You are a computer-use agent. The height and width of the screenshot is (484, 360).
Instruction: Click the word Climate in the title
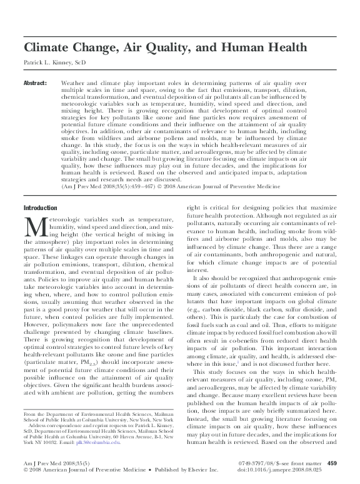pyautogui.click(x=47, y=48)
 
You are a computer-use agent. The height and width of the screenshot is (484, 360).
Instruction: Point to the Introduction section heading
pyautogui.click(x=40, y=208)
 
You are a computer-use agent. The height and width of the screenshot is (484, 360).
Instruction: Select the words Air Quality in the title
pyautogui.click(x=165, y=48)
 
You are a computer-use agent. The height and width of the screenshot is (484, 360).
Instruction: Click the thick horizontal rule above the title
pyautogui.click(x=180, y=33)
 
